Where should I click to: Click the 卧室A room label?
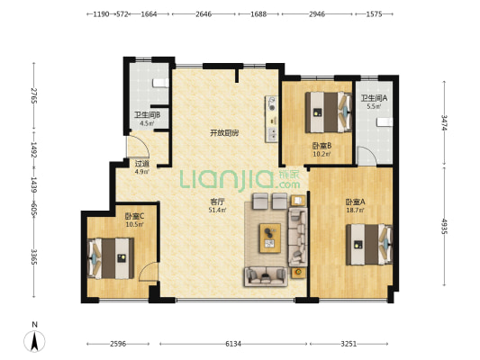tap(355, 202)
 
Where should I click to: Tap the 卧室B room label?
tap(322, 146)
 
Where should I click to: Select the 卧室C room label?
tap(134, 217)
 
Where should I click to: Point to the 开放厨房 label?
tap(224, 133)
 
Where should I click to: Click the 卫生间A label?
tap(374, 98)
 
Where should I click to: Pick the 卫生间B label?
tap(148, 115)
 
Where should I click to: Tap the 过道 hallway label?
tap(142, 164)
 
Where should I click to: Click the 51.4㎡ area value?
tap(217, 210)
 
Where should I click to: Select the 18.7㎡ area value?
tap(355, 210)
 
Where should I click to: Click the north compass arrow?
tap(34, 341)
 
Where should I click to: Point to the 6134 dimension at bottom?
tap(233, 344)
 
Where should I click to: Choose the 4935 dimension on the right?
tap(444, 226)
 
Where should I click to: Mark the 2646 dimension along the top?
tap(204, 14)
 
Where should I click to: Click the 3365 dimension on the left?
tap(34, 257)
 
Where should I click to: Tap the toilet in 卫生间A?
tap(385, 122)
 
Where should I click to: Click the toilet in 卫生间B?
tap(160, 83)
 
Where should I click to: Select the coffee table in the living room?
tap(270, 238)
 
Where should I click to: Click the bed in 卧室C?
tap(111, 258)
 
